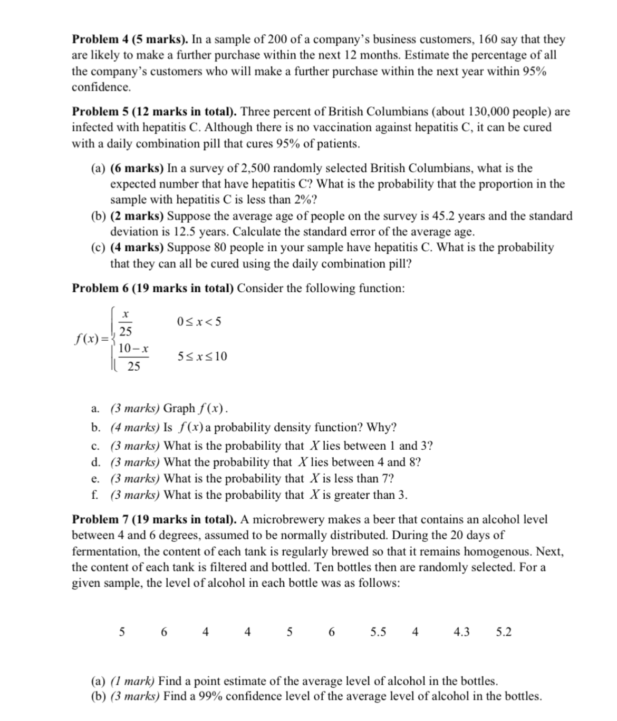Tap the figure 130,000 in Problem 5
click(x=480, y=112)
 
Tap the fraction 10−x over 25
click(x=133, y=357)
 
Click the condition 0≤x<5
click(x=200, y=321)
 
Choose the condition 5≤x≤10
click(x=203, y=357)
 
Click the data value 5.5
click(x=378, y=632)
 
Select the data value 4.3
click(x=461, y=632)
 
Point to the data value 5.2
click(x=503, y=632)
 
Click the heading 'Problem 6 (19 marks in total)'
click(x=153, y=288)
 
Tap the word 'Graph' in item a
click(x=179, y=408)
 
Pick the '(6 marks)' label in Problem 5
click(x=137, y=169)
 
